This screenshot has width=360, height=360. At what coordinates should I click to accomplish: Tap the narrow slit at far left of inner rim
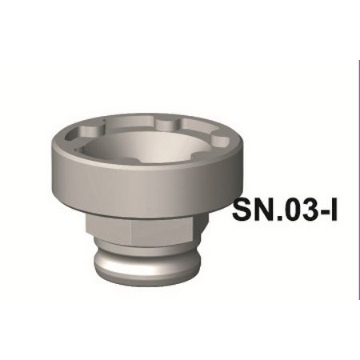point(74,148)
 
